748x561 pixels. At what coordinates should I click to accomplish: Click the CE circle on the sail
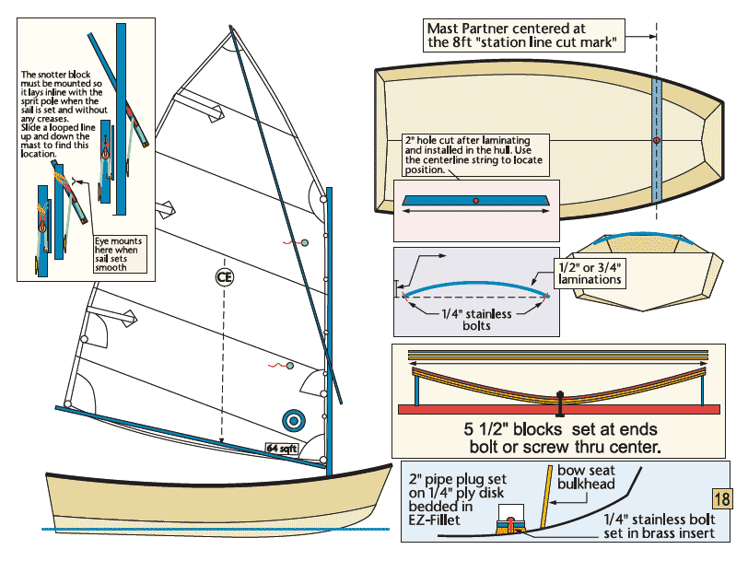click(223, 275)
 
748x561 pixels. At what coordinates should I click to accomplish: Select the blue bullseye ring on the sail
click(294, 420)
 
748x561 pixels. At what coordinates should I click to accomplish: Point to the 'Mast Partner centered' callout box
click(520, 36)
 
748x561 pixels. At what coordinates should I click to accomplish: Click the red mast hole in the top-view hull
click(656, 140)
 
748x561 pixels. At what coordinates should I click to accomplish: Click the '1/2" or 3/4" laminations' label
click(589, 273)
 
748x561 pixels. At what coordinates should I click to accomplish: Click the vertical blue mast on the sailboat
click(329, 322)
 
